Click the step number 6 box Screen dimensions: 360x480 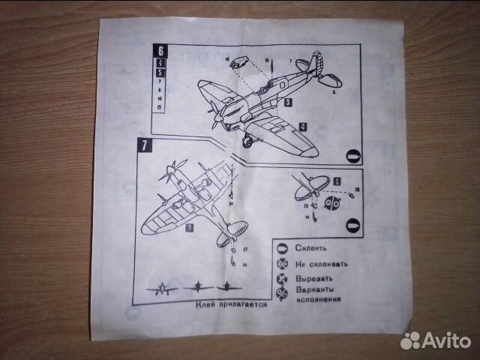pos(158,51)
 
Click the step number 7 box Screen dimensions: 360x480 pos(142,145)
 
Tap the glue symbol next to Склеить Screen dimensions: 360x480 pos(282,248)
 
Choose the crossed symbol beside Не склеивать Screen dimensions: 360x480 pos(283,263)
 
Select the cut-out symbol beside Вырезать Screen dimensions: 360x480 pos(283,278)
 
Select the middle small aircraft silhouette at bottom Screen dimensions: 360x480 pos(196,286)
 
